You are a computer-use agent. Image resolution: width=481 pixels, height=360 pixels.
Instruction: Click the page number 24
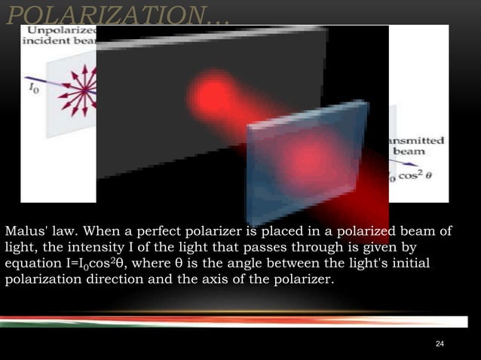point(440,344)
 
